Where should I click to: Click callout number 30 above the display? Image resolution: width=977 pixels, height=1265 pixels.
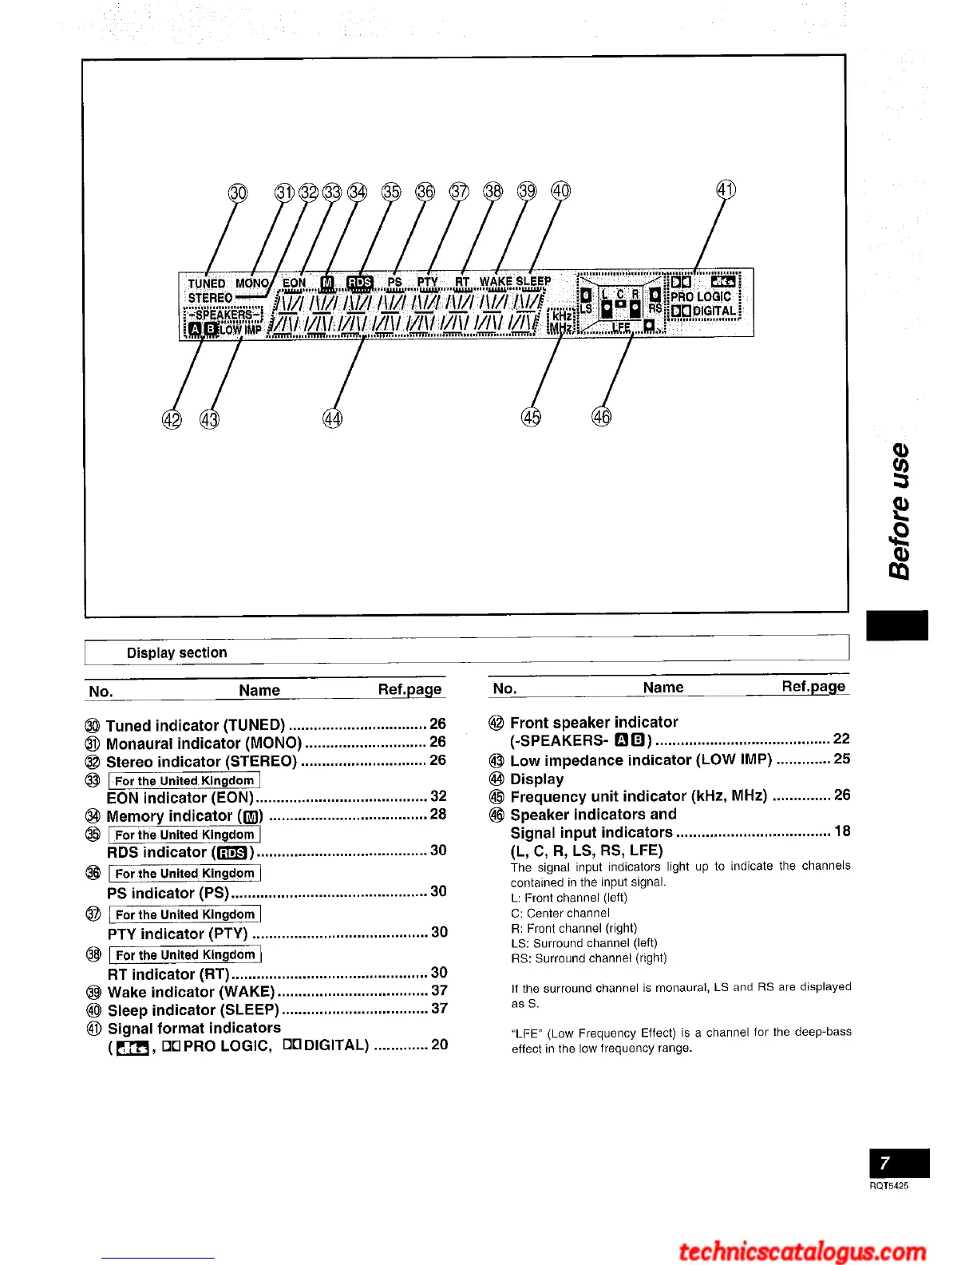click(x=238, y=192)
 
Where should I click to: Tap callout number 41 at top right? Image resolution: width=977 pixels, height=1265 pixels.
click(x=726, y=190)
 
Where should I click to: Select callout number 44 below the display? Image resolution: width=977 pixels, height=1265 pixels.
click(x=332, y=418)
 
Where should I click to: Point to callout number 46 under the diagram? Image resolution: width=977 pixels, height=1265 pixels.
click(x=601, y=416)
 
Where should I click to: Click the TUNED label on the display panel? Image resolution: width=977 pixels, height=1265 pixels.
click(x=207, y=284)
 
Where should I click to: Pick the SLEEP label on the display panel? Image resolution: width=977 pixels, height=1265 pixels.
click(x=533, y=281)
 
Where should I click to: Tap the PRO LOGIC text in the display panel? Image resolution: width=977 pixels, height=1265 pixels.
click(x=701, y=296)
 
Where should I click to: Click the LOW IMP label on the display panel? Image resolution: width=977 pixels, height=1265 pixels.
click(x=240, y=329)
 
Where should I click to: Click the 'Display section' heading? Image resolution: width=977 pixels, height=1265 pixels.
click(x=176, y=652)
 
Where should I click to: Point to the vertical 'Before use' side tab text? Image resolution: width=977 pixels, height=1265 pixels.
click(x=900, y=511)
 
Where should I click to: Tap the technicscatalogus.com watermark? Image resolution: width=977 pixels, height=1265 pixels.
click(x=802, y=1250)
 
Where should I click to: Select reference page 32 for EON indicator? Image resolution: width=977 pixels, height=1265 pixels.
click(x=438, y=796)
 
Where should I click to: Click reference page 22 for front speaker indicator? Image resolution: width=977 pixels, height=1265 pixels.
click(x=841, y=740)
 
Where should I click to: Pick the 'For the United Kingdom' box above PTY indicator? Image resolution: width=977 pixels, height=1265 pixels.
click(x=185, y=914)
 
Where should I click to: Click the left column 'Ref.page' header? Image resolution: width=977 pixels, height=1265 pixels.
click(x=409, y=689)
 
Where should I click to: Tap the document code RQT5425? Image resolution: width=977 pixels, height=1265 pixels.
click(x=888, y=1186)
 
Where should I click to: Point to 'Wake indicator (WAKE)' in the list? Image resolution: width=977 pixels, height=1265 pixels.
click(x=191, y=992)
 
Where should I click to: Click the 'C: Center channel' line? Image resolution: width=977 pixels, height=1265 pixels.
click(x=560, y=913)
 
